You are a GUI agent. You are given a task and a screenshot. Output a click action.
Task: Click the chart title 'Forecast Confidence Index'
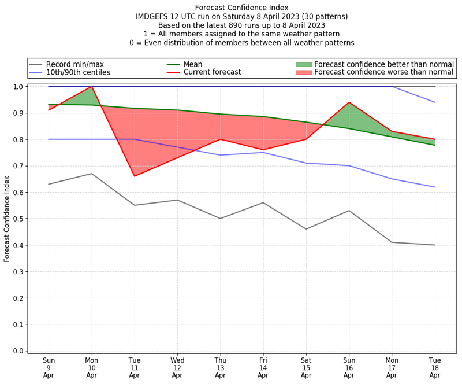[241, 8]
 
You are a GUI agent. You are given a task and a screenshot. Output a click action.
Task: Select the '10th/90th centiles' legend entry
[78, 72]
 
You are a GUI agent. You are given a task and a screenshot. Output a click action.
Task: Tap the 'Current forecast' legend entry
[212, 72]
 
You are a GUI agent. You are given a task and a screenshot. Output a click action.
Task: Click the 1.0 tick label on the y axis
[18, 87]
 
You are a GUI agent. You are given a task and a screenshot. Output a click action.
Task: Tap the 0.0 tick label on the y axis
[18, 351]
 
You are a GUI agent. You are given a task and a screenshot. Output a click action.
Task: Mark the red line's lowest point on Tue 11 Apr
[135, 176]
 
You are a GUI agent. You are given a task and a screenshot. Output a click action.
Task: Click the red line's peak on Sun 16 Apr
[349, 102]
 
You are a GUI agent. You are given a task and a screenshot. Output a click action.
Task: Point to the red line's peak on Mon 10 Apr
[92, 87]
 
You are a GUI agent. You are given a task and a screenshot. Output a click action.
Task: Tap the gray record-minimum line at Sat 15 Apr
[306, 229]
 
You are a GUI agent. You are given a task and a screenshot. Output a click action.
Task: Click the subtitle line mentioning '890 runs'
[241, 25]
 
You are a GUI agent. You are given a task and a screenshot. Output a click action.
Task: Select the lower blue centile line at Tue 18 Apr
[435, 187]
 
